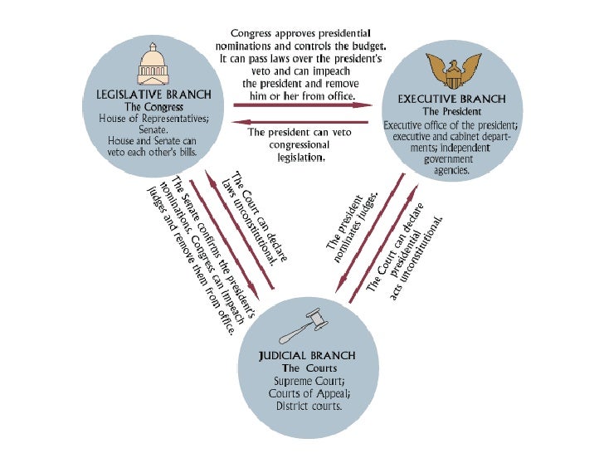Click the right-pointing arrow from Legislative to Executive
(x=295, y=105)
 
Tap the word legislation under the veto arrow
(x=295, y=155)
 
